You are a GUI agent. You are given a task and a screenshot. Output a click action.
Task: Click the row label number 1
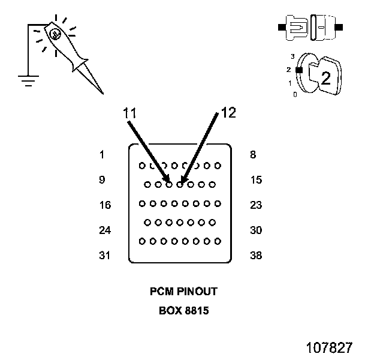tap(102, 155)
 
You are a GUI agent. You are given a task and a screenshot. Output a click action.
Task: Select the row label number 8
tap(253, 155)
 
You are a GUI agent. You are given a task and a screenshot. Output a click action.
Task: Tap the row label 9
tap(102, 180)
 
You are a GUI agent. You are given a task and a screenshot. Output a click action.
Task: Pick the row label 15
tap(256, 180)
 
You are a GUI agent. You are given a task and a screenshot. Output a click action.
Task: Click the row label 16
tap(105, 205)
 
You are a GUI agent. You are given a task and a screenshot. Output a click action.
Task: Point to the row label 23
tap(256, 205)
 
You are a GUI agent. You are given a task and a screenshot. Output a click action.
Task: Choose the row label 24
tap(105, 230)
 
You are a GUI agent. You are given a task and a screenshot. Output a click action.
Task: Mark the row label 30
tap(256, 230)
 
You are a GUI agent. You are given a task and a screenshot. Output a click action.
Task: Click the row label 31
tap(105, 256)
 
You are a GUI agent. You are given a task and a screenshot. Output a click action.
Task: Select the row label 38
tap(256, 256)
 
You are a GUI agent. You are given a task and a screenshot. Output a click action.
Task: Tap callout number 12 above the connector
tap(229, 112)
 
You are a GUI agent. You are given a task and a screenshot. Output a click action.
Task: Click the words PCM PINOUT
tap(183, 292)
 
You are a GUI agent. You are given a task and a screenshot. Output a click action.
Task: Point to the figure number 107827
tap(329, 348)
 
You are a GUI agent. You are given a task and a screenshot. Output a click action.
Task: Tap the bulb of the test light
tap(55, 34)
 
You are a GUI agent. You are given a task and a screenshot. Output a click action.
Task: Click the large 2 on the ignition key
tap(325, 78)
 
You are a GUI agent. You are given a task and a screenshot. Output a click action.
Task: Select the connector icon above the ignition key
tap(310, 27)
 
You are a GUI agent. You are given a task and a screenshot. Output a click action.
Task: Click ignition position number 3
tap(292, 56)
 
